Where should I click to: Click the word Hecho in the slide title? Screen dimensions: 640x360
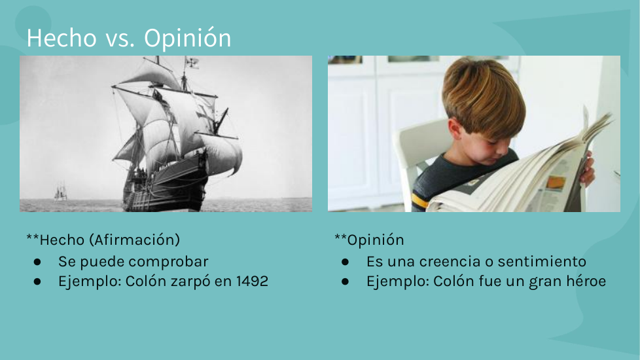click(x=62, y=37)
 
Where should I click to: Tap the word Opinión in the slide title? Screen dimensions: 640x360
click(x=187, y=39)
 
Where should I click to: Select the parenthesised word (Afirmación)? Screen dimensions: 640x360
click(x=134, y=240)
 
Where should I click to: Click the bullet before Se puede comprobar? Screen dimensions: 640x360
click(x=37, y=262)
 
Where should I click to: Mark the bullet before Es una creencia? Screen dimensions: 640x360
click(x=346, y=262)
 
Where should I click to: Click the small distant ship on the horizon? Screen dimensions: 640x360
click(x=60, y=192)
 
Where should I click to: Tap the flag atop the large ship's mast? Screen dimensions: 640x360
click(x=192, y=62)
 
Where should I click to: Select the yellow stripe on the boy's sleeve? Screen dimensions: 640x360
click(x=420, y=200)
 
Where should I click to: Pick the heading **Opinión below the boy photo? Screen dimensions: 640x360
click(x=369, y=240)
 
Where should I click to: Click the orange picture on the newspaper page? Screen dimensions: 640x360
click(x=555, y=182)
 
